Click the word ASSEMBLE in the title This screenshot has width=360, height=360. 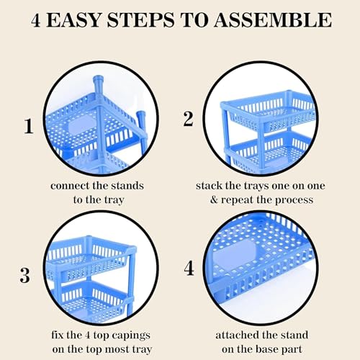click(273, 20)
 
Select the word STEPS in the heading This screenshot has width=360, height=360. click(140, 20)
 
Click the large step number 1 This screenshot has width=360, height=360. click(29, 126)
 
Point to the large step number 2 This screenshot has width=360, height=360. click(188, 119)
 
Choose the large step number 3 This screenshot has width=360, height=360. click(24, 275)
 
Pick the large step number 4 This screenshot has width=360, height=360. click(189, 268)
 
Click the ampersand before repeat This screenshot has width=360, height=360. click(214, 199)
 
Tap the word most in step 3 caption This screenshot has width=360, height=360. click(117, 349)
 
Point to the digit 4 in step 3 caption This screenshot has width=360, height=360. click(88, 336)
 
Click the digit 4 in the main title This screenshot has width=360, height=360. click(36, 20)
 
